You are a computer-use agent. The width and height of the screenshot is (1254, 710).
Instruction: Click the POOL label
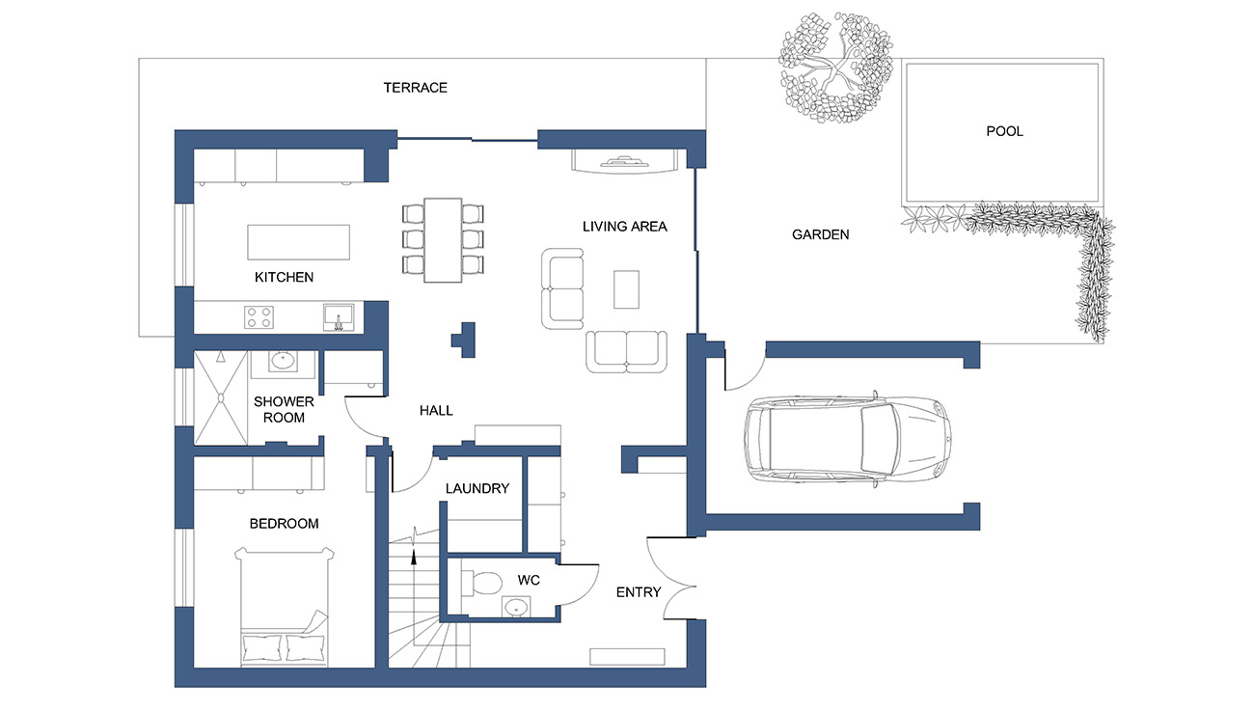1004,131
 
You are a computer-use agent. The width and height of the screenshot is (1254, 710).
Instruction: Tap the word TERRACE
415,88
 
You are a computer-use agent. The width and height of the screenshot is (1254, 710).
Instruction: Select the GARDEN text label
820,234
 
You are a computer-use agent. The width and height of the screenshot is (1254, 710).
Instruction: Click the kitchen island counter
298,241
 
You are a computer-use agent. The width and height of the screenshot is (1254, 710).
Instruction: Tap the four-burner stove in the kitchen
258,315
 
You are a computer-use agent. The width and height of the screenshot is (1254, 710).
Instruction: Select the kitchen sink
339,314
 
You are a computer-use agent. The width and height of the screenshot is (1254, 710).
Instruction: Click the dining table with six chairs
443,239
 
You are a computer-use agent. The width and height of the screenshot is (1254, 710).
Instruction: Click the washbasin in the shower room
282,362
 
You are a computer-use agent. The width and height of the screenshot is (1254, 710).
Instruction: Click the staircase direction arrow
415,554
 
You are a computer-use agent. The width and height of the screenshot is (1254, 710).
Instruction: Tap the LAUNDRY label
477,489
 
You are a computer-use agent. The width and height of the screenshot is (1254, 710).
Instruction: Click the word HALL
436,411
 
